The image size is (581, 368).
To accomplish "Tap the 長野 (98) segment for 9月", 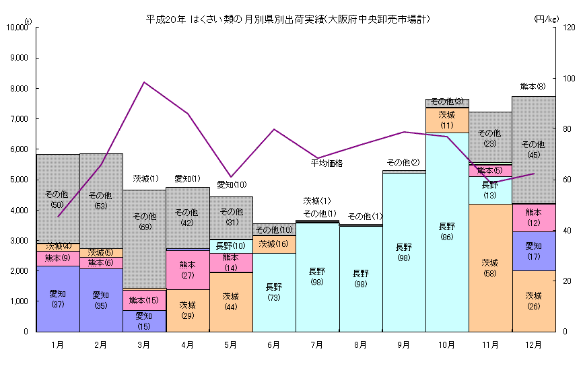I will [403, 252].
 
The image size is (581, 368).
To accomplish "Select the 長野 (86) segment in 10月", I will [446, 232].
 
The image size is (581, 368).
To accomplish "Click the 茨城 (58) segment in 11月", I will [489, 268].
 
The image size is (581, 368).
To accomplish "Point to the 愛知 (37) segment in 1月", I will [58, 299].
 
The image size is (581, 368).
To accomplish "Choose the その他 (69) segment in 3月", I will [144, 222].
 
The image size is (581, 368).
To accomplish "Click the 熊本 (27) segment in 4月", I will [187, 270].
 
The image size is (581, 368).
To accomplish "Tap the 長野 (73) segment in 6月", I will [274, 292].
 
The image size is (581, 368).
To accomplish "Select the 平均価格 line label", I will [327, 163].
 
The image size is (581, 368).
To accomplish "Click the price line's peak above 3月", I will [144, 82].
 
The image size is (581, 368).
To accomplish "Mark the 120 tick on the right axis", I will [569, 28].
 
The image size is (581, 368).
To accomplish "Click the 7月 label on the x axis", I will [317, 345].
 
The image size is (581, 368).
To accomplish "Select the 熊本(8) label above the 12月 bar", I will [533, 86].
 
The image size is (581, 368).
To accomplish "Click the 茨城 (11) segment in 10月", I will [446, 120].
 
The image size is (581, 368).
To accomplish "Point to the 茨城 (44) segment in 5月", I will [230, 301].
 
